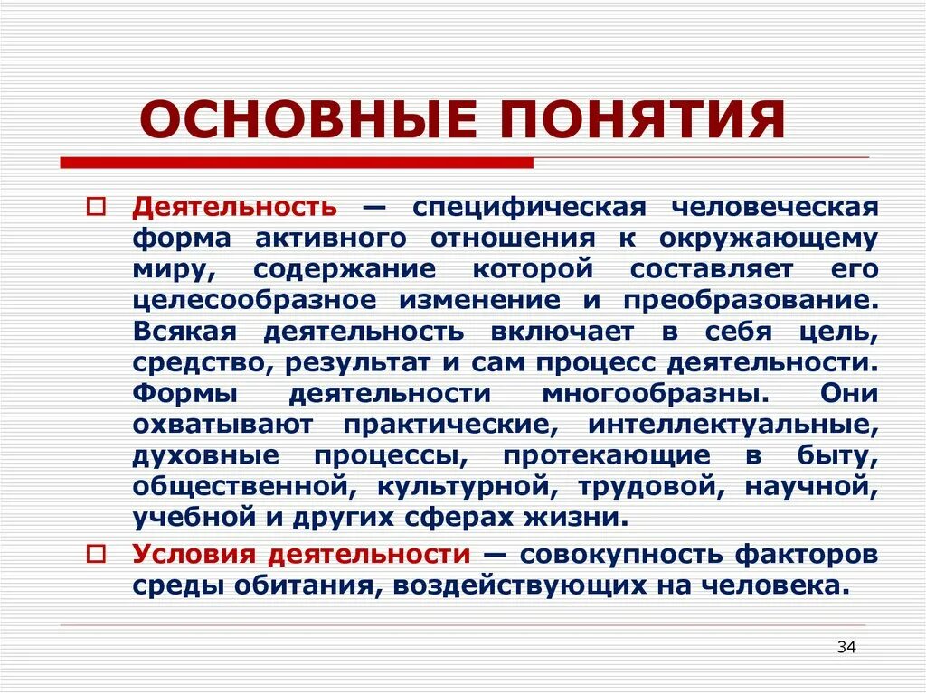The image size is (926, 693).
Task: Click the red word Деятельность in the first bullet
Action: point(235,207)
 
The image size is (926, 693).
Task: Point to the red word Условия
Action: point(185,553)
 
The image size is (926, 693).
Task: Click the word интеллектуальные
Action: point(732,424)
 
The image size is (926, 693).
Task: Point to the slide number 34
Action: point(846,647)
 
